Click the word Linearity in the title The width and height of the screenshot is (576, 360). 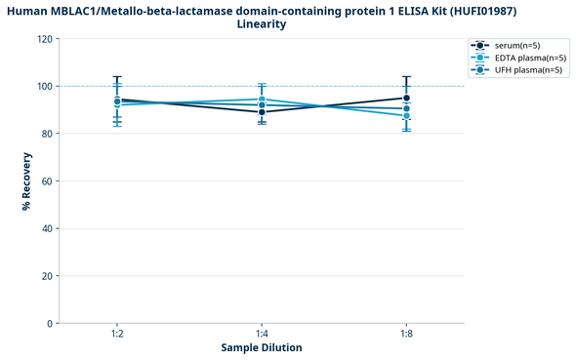(262, 24)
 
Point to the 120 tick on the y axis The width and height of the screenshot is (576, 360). (44, 39)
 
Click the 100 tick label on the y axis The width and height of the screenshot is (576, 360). (44, 87)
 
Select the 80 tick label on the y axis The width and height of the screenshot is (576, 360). (47, 134)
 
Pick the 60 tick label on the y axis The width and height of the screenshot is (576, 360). (47, 181)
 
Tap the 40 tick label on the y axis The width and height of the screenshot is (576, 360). (47, 228)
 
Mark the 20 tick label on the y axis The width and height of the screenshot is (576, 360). (47, 276)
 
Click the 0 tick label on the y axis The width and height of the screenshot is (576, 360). (50, 323)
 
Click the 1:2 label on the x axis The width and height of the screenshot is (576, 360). (117, 334)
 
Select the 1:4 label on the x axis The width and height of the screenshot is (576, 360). (262, 334)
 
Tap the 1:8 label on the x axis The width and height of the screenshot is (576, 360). (406, 334)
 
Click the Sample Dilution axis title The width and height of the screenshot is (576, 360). (262, 347)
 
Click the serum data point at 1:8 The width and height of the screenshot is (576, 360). (406, 99)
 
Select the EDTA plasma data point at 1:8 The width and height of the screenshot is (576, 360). (406, 116)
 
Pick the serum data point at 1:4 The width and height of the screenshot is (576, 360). (262, 112)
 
